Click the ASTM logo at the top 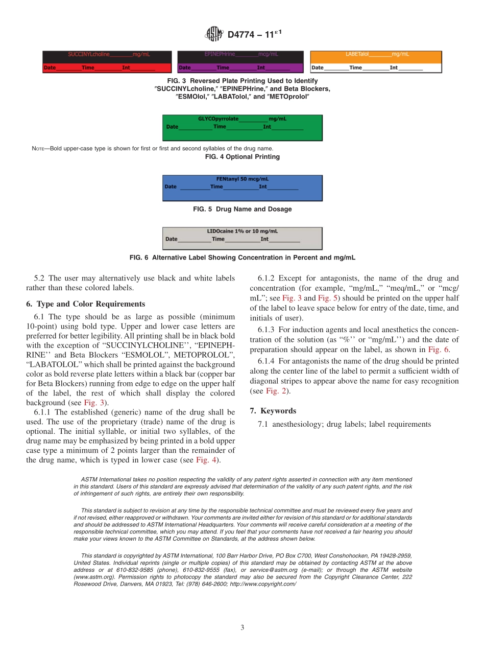click(x=214, y=34)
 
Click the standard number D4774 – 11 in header click(x=255, y=34)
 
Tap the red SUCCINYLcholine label click(x=106, y=62)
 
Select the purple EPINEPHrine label click(x=240, y=62)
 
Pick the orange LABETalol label click(x=376, y=62)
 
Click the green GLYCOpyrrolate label click(x=242, y=128)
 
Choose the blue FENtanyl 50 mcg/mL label click(x=242, y=188)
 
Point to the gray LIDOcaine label click(x=242, y=239)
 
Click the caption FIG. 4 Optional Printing click(x=242, y=157)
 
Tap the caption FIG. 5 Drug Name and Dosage click(x=242, y=209)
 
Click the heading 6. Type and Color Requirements click(x=85, y=304)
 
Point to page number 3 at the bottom click(x=243, y=628)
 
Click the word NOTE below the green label click(x=39, y=149)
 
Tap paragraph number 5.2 click(x=40, y=278)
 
